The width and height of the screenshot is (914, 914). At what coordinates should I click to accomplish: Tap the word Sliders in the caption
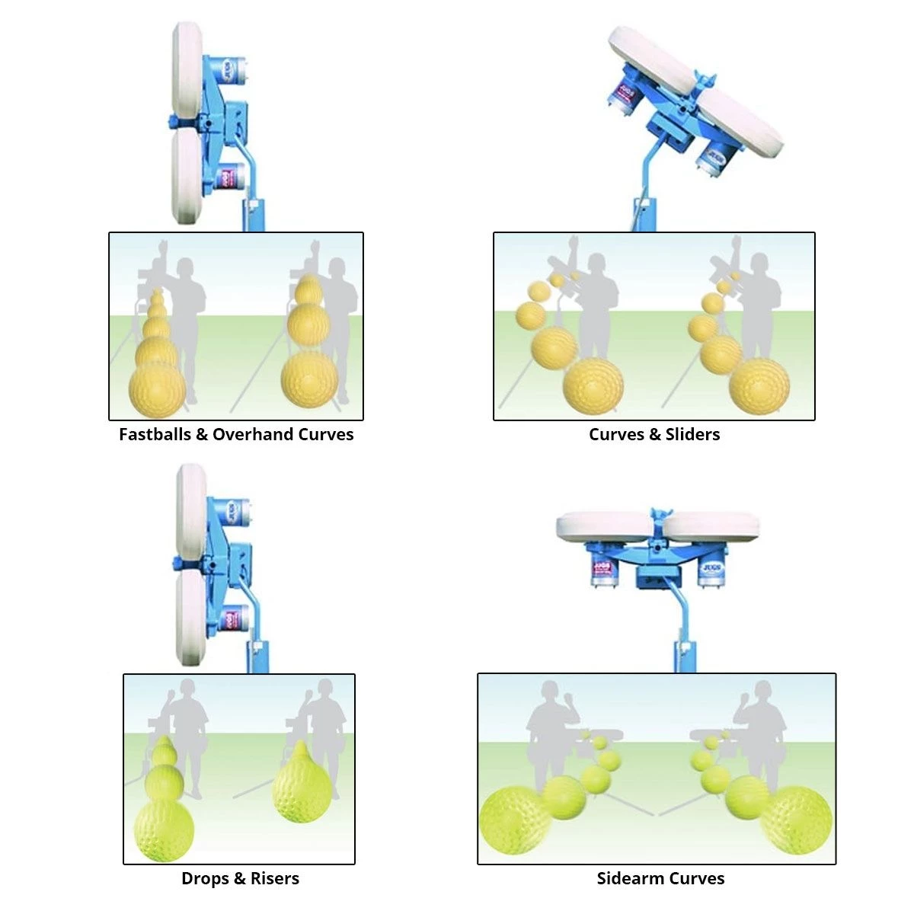tap(692, 434)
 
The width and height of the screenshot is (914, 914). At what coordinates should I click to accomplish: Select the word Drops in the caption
tap(203, 878)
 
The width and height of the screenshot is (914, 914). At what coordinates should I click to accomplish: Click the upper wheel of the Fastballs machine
tap(187, 72)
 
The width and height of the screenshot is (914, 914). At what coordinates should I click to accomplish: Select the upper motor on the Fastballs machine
tap(228, 72)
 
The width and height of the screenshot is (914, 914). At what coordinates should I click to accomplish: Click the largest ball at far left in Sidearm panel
tap(512, 821)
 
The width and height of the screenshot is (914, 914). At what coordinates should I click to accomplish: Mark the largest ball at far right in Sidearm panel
tap(797, 820)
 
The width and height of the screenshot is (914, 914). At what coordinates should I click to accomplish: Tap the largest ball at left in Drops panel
tap(165, 828)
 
